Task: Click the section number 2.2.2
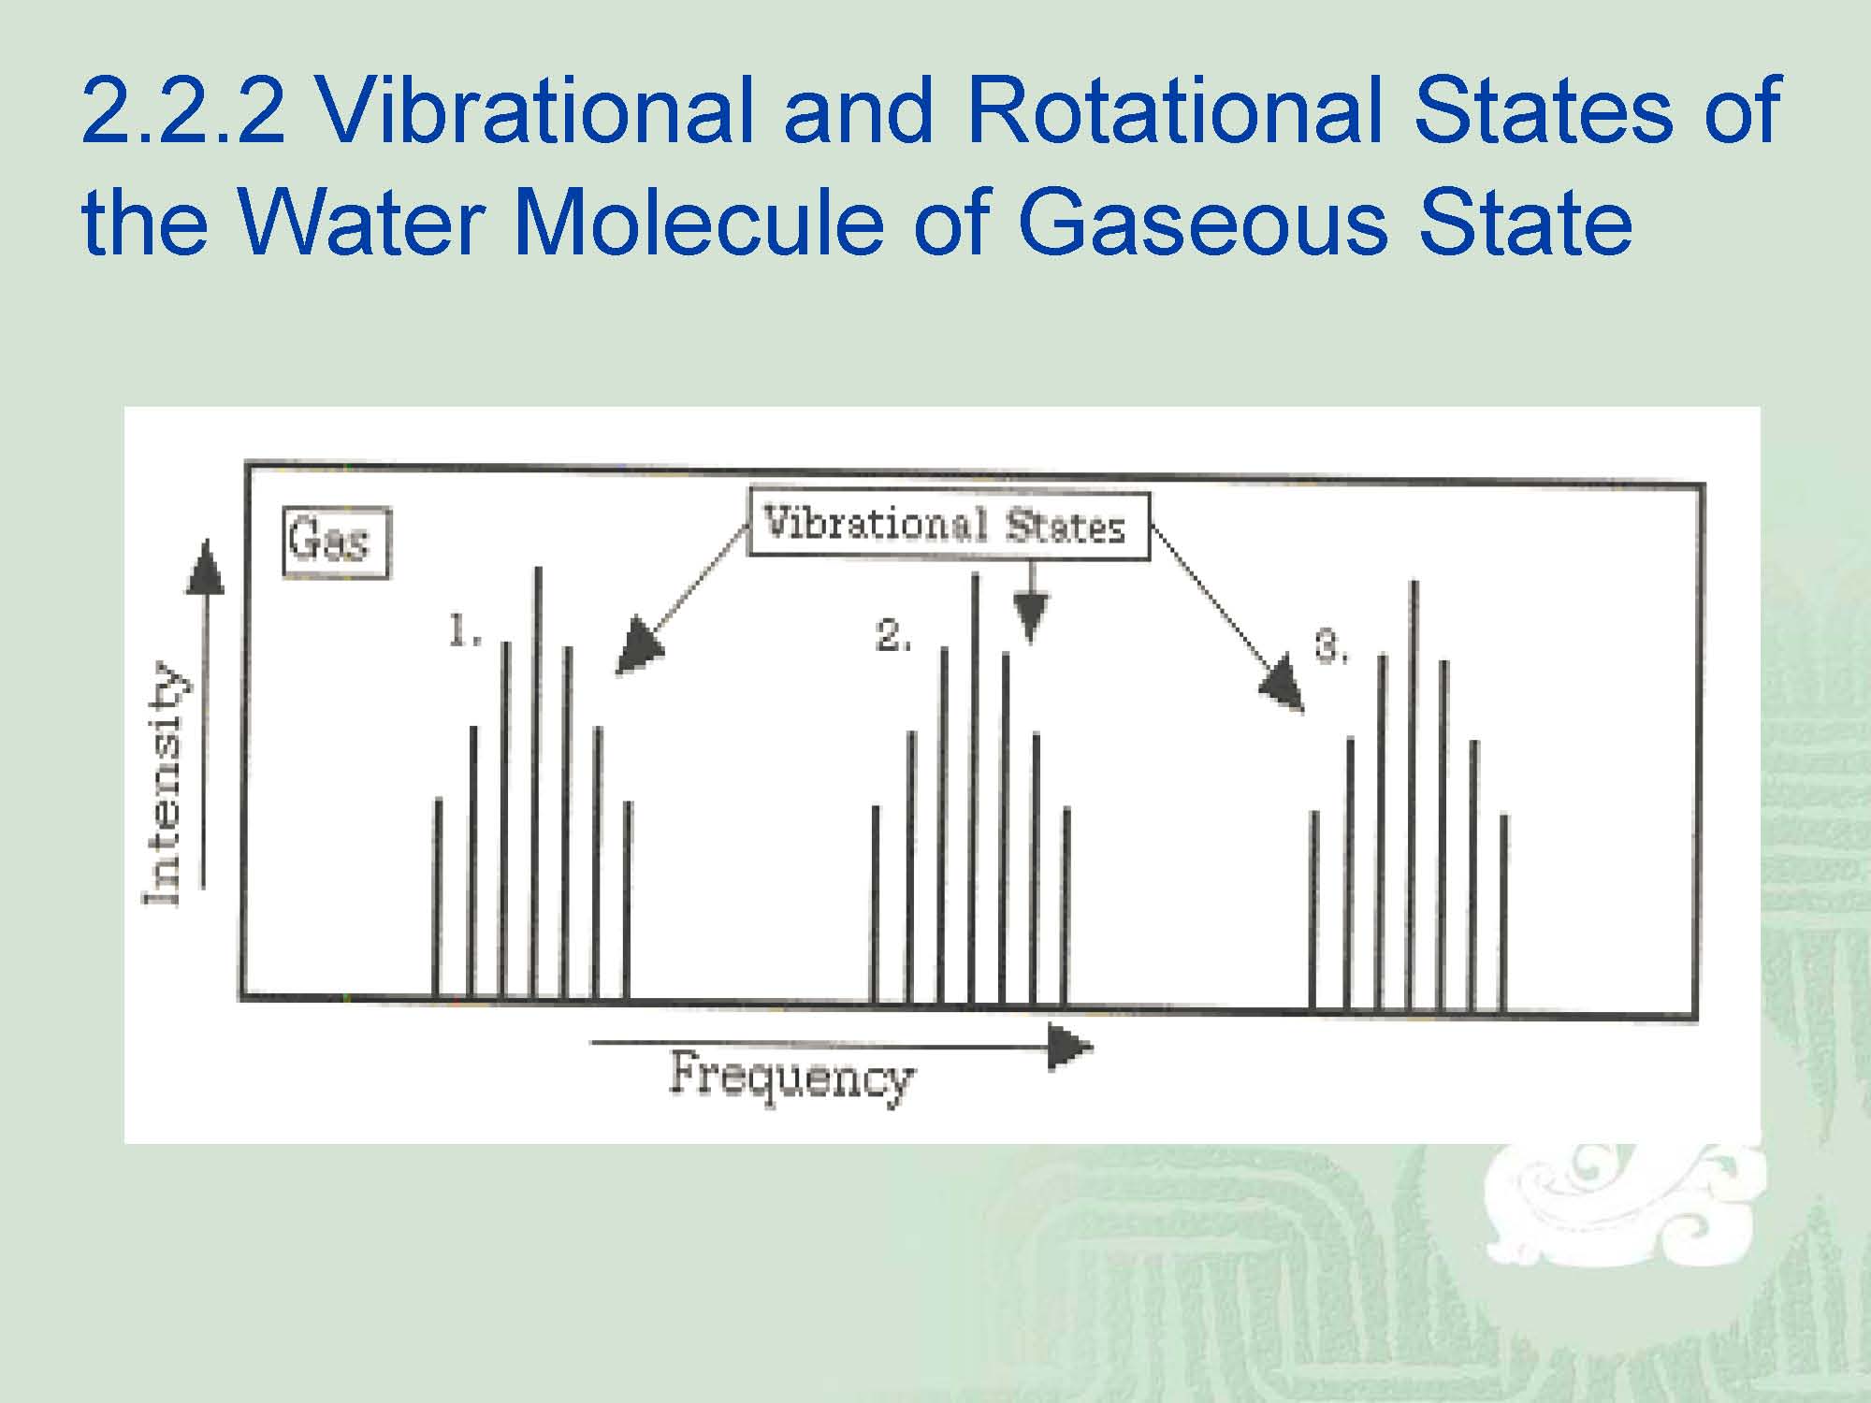pyautogui.click(x=183, y=110)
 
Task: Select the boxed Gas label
pyautogui.click(x=337, y=542)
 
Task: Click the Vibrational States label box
pyautogui.click(x=949, y=525)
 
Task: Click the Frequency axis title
pyautogui.click(x=791, y=1078)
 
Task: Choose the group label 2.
pyautogui.click(x=892, y=635)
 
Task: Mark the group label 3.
pyautogui.click(x=1331, y=645)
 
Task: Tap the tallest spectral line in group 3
pyautogui.click(x=1414, y=796)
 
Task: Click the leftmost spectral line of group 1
pyautogui.click(x=437, y=899)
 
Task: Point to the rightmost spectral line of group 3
pyautogui.click(x=1503, y=914)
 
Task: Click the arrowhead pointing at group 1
pyautogui.click(x=638, y=646)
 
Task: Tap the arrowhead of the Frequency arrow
pyautogui.click(x=1069, y=1047)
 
